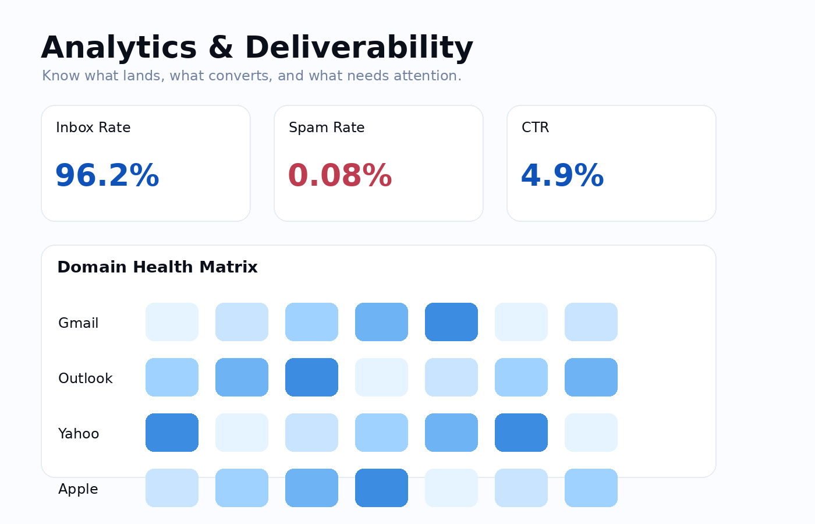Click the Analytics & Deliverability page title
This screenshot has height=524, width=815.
pos(257,48)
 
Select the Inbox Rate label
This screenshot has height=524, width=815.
pos(93,128)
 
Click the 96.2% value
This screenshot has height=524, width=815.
pos(107,176)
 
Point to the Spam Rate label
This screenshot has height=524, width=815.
pos(327,128)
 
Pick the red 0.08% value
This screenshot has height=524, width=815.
pos(340,176)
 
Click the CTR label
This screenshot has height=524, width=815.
pos(535,128)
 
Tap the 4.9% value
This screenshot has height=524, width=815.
pos(562,176)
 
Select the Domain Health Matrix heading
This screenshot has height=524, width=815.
pos(157,267)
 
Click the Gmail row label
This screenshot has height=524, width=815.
pos(78,323)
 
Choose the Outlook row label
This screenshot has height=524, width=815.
pos(85,378)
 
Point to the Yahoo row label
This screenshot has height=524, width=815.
pos(79,434)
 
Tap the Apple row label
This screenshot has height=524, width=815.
pos(78,489)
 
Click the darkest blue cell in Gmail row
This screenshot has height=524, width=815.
pos(451,322)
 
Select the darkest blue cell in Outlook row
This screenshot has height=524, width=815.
pos(311,377)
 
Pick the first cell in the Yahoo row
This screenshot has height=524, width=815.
pos(172,433)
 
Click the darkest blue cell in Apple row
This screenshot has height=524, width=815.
pos(381,488)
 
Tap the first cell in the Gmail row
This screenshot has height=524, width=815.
pos(172,322)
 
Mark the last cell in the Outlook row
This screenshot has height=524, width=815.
pos(591,377)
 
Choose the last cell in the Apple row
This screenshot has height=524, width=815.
pos(591,488)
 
